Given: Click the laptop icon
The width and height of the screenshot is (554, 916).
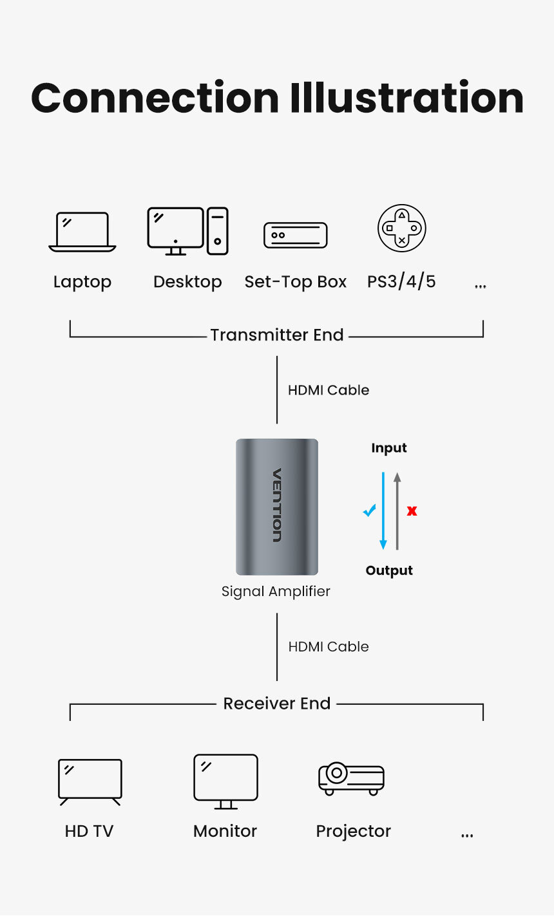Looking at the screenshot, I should point(82,232).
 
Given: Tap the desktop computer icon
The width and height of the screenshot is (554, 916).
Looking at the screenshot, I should point(187,231).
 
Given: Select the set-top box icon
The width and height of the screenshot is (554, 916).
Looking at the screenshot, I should point(296,236).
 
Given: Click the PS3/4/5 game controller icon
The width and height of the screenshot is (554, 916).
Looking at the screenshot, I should point(401,229).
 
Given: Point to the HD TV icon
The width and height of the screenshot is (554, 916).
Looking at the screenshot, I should point(90,781).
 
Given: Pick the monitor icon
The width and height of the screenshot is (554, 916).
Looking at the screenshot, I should point(225,781).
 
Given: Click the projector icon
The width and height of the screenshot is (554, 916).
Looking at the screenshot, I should point(352,778).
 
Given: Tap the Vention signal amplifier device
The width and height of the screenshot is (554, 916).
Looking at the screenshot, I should point(277,507).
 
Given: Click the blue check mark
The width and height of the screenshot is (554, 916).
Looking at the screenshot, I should point(369,510).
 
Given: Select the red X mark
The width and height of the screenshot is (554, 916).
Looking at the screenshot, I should point(412,511).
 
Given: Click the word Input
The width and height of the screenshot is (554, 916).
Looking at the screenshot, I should point(389,448).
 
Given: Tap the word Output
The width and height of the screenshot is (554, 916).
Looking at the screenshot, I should point(389,570).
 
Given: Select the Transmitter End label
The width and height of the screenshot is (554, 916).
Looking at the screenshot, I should point(277,335).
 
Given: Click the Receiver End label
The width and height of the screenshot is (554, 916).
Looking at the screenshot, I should point(277,704).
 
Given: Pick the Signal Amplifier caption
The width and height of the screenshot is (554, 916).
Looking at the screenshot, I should point(276,591).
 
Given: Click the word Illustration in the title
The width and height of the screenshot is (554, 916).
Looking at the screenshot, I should point(406,98).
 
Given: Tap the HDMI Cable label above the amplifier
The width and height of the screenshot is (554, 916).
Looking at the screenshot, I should point(329,390).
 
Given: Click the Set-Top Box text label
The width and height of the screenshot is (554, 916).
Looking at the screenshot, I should point(296,282).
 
